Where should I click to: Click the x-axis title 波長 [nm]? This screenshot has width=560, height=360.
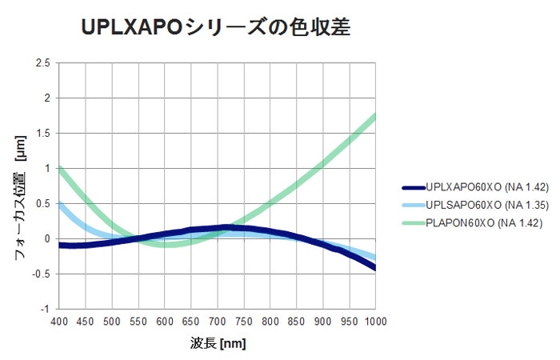pyautogui.click(x=218, y=343)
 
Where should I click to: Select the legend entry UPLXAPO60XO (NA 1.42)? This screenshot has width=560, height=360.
pyautogui.click(x=486, y=187)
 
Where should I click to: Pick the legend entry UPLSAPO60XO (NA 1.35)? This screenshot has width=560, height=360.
pyautogui.click(x=486, y=205)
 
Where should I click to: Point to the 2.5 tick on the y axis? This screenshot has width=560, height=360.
pyautogui.click(x=43, y=63)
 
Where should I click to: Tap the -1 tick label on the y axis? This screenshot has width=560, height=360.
pyautogui.click(x=46, y=309)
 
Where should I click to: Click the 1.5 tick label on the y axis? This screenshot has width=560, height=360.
pyautogui.click(x=43, y=134)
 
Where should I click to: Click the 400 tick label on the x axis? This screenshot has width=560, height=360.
pyautogui.click(x=59, y=321)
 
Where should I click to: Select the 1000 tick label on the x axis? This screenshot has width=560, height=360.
pyautogui.click(x=374, y=321)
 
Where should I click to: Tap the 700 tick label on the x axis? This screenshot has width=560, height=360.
pyautogui.click(x=217, y=321)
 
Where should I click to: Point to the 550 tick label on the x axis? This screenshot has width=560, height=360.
pyautogui.click(x=138, y=321)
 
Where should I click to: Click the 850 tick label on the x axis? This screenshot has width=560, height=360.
pyautogui.click(x=296, y=321)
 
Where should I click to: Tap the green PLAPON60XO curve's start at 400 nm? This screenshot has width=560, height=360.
pyautogui.click(x=60, y=169)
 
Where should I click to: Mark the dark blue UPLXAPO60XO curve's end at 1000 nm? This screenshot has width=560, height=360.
pyautogui.click(x=374, y=268)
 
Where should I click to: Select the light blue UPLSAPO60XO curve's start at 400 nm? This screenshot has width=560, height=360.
pyautogui.click(x=60, y=203)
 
